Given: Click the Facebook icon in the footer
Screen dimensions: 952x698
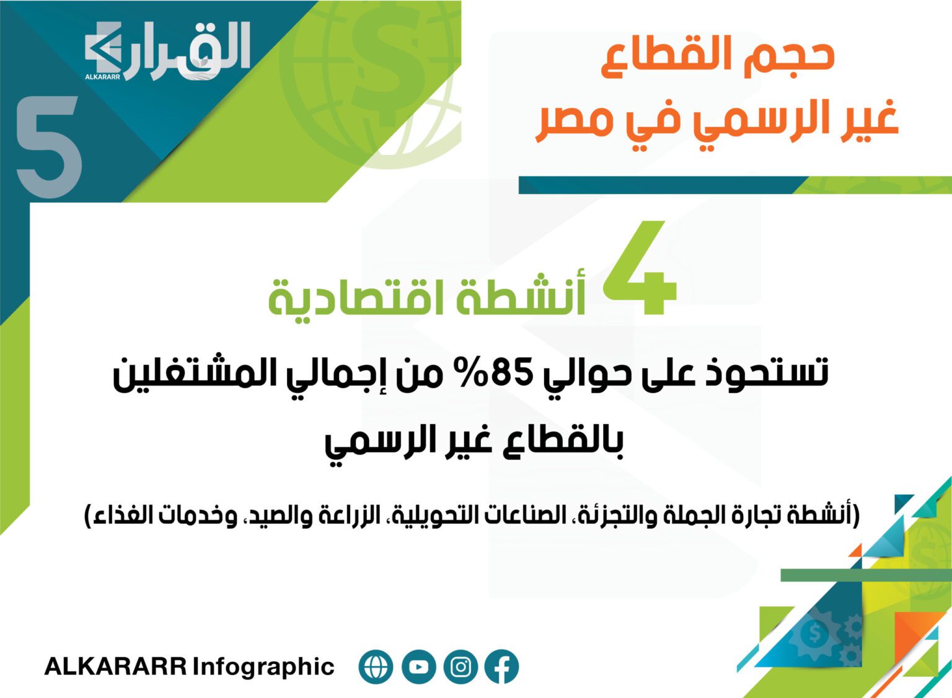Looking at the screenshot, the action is point(503,666).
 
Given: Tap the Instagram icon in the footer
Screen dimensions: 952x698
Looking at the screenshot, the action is point(461,666).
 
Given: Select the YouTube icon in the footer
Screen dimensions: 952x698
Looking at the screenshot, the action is point(418,666).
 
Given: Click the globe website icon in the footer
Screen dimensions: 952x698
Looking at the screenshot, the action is point(376,666).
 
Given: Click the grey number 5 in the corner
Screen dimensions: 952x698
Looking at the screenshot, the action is point(49,147).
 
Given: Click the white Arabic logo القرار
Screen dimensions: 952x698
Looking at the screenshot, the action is point(168,50).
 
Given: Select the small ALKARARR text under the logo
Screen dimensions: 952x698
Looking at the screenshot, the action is point(102,77).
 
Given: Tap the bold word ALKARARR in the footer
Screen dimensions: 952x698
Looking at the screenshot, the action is point(116,666).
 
